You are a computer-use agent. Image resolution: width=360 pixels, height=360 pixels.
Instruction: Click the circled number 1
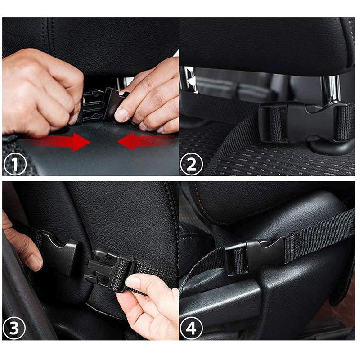(x=12, y=165)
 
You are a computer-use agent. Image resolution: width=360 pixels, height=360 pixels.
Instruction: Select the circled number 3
(x=12, y=328)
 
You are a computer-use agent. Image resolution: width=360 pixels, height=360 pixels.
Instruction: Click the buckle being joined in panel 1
(x=101, y=104)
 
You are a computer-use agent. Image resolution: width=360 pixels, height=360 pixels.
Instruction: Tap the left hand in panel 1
(x=38, y=90)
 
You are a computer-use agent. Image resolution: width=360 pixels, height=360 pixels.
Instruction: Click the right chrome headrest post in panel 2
(x=333, y=88)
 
